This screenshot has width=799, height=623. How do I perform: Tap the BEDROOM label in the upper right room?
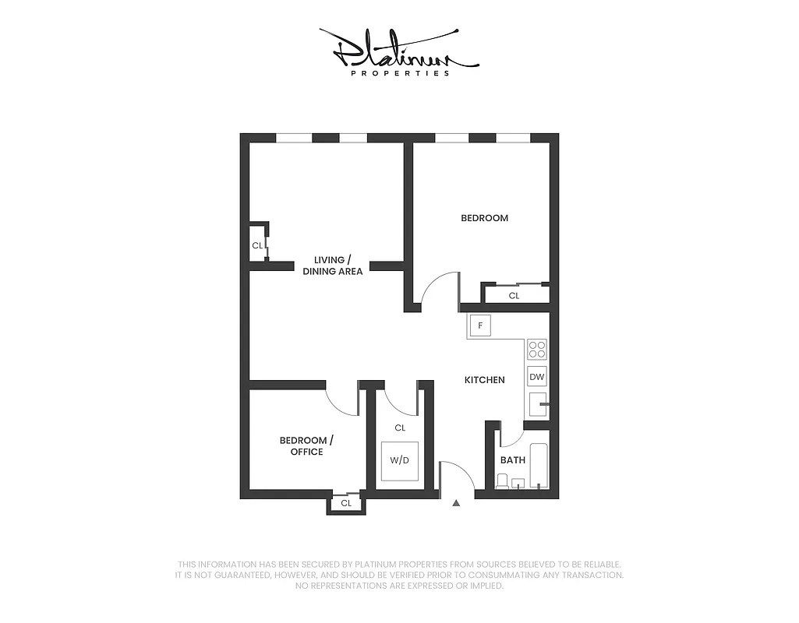(x=484, y=218)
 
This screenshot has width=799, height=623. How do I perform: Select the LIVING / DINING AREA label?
(x=333, y=266)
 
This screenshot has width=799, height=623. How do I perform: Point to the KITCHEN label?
(x=484, y=380)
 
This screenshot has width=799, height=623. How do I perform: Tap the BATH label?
(x=513, y=460)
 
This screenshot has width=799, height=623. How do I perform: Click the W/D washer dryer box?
(x=399, y=460)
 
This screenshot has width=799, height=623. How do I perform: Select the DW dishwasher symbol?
(x=537, y=378)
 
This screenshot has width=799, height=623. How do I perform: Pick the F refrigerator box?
(x=479, y=326)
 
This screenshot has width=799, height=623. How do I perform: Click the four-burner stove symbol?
(x=537, y=348)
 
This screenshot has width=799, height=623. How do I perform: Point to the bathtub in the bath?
(x=539, y=466)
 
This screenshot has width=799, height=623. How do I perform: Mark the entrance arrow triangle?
(x=456, y=503)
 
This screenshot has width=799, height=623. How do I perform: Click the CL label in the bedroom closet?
(x=514, y=296)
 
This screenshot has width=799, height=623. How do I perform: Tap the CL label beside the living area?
(x=256, y=246)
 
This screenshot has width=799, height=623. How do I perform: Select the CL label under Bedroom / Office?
(x=346, y=503)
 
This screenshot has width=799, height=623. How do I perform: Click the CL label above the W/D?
(x=400, y=428)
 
